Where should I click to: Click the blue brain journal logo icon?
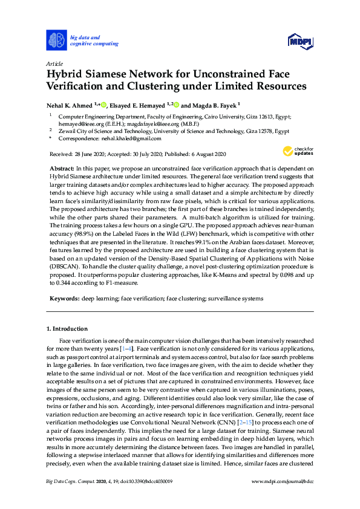pos(56,41)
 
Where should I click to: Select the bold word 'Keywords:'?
pos(64,298)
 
